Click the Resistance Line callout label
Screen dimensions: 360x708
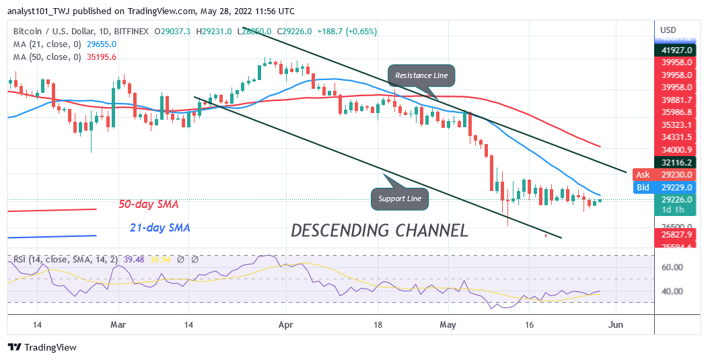pyautogui.click(x=421, y=75)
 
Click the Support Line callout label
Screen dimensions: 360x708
pyautogui.click(x=400, y=199)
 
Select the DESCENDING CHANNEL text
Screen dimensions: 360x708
pyautogui.click(x=380, y=231)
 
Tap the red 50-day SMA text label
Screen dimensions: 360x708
pyautogui.click(x=149, y=204)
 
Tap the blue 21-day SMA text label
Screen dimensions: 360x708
pyautogui.click(x=160, y=228)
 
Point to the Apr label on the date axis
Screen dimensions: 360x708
pyautogui.click(x=287, y=324)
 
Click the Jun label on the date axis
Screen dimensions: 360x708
pyautogui.click(x=616, y=324)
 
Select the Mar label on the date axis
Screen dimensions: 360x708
pyautogui.click(x=118, y=324)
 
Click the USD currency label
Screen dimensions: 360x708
pyautogui.click(x=668, y=30)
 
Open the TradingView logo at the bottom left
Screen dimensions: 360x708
pyautogui.click(x=42, y=347)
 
